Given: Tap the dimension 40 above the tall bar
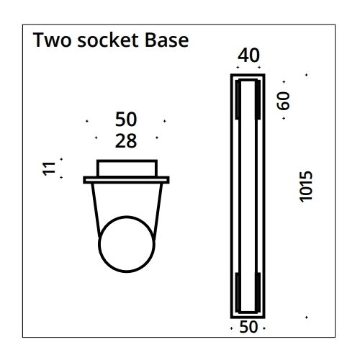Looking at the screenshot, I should pos(248,56).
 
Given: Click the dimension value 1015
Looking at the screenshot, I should pos(305,187).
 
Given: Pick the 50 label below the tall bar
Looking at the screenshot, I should pos(248,327).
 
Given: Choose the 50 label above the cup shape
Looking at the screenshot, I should pos(125,120).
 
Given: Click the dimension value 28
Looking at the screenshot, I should pos(125,141).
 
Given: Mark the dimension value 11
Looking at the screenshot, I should pos(48,169).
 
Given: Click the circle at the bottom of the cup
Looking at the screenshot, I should pos(126,245).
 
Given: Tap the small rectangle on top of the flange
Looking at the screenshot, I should pos(127,168).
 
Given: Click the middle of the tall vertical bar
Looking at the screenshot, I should pos(248,194).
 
